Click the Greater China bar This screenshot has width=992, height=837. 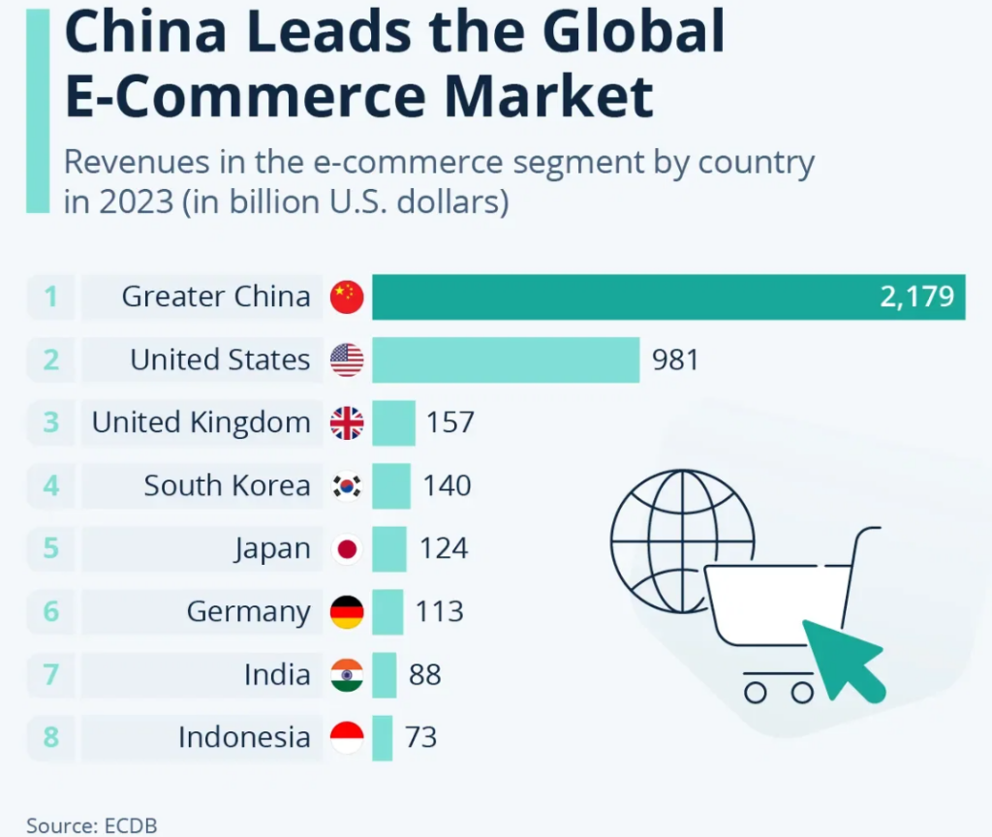pyautogui.click(x=668, y=296)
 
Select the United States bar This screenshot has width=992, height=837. pyautogui.click(x=506, y=359)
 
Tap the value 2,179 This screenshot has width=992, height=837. pyautogui.click(x=916, y=296)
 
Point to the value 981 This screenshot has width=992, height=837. pyautogui.click(x=675, y=360)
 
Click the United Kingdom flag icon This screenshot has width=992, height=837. pyautogui.click(x=347, y=422)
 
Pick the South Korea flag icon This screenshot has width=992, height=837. pyautogui.click(x=347, y=485)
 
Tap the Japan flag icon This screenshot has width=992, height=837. pyautogui.click(x=347, y=548)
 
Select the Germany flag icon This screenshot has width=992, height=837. pyautogui.click(x=347, y=611)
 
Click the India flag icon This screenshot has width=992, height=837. pyautogui.click(x=347, y=674)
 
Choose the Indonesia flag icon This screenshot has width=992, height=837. pyautogui.click(x=347, y=737)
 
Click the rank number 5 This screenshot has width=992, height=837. pyautogui.click(x=50, y=548)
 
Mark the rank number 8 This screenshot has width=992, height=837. pyautogui.click(x=50, y=737)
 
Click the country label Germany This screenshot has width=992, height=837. pyautogui.click(x=248, y=612)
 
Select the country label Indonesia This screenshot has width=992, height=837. pyautogui.click(x=244, y=737)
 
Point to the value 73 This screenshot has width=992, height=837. pyautogui.click(x=421, y=737)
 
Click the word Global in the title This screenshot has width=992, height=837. pyautogui.click(x=634, y=32)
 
